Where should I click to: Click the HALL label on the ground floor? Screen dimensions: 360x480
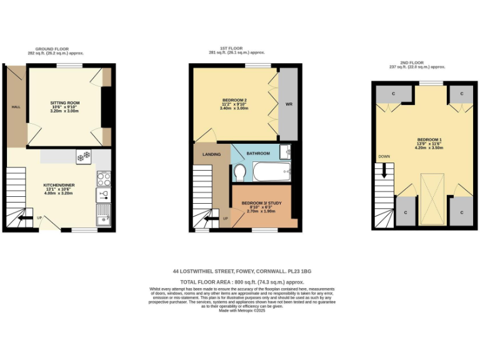[16, 107]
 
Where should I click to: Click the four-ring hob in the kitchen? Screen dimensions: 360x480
[104, 178]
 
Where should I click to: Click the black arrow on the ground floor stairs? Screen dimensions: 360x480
[26, 218]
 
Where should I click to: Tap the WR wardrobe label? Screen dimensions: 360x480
[289, 104]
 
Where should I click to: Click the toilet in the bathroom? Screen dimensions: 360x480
[239, 172]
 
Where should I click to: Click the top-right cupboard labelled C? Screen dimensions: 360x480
[462, 94]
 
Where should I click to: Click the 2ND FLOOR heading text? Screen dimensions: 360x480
[411, 62]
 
